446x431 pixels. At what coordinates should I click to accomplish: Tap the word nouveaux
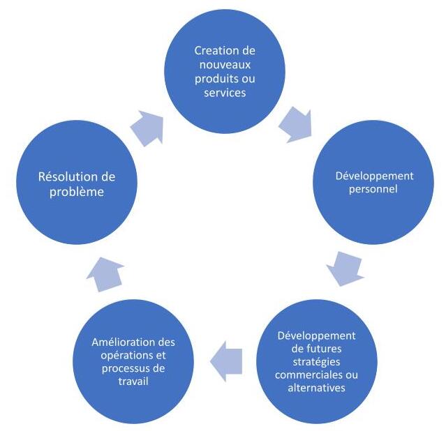[225, 65]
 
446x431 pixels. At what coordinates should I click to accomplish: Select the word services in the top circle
[225, 93]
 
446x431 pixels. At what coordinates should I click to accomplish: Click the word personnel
[373, 189]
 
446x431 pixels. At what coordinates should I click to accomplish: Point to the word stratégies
[316, 362]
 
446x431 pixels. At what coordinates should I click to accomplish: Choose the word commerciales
[308, 375]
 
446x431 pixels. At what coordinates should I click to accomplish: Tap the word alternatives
[316, 388]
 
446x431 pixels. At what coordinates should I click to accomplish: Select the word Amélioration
[120, 342]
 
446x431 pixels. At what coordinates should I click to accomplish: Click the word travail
[133, 381]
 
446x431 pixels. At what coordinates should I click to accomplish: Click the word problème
[77, 192]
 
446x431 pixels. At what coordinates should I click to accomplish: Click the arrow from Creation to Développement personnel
[297, 125]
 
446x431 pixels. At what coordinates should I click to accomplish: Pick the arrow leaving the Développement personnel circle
[345, 269]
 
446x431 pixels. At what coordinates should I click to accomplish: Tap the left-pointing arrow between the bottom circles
[226, 361]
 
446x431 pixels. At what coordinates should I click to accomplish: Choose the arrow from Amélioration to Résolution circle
[105, 274]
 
